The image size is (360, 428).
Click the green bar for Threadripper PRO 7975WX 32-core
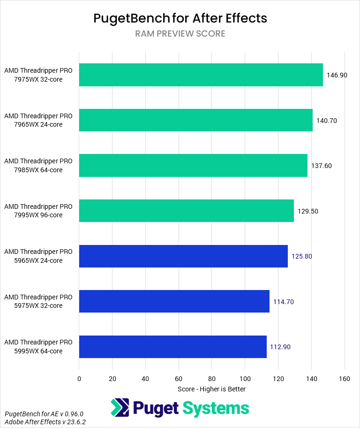201,75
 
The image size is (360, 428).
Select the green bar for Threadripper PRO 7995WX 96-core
187,211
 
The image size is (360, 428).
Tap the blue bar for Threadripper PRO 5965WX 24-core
183,256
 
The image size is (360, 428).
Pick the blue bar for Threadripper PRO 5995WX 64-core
173,347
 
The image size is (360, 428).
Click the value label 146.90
337,75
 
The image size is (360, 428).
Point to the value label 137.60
322,166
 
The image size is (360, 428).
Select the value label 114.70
283,302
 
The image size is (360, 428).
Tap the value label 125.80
301,256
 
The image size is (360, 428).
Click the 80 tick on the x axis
212,378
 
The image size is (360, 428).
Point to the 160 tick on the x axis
345,378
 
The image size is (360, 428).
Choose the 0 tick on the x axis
79,378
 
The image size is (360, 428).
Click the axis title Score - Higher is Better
211,389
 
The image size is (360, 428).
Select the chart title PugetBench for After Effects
180,18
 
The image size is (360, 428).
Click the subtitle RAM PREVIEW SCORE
180,34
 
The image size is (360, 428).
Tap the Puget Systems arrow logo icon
120,408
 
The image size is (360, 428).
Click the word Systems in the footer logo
216,408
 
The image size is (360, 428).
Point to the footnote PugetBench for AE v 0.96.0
44,414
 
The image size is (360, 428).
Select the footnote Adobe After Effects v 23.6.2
45,422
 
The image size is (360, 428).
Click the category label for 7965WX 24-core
38,120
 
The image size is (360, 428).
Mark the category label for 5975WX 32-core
38,301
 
